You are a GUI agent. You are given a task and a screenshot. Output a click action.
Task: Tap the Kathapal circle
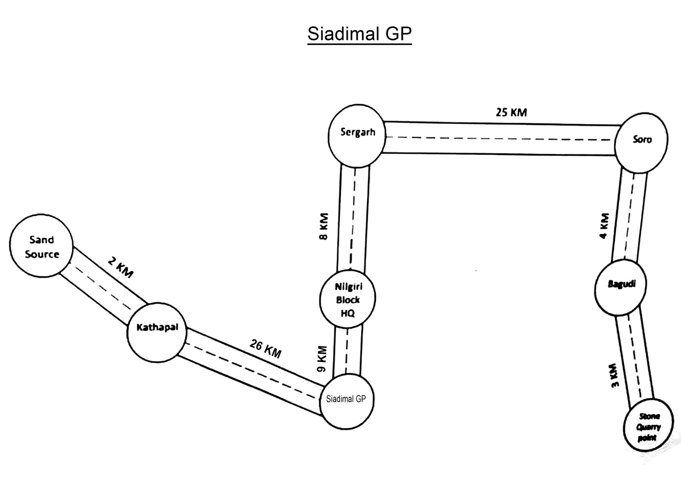pyautogui.click(x=157, y=332)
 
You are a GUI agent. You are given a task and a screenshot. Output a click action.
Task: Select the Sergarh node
pyautogui.click(x=357, y=134)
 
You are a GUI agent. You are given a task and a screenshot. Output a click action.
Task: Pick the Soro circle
pyautogui.click(x=641, y=140)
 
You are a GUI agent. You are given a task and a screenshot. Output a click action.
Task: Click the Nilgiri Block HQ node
pyautogui.click(x=347, y=300)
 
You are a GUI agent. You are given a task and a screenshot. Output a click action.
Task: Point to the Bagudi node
pyautogui.click(x=621, y=286)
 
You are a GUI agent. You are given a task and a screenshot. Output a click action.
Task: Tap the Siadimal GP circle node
pyautogui.click(x=346, y=400)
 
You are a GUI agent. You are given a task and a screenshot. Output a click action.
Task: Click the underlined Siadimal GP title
pyautogui.click(x=360, y=34)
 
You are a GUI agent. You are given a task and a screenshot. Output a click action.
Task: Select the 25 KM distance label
pyautogui.click(x=511, y=112)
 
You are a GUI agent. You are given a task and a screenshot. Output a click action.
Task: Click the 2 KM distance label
pyautogui.click(x=120, y=268)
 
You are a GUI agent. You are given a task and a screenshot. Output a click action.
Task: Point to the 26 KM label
pyautogui.click(x=266, y=349)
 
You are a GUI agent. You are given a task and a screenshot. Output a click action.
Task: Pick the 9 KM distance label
pyautogui.click(x=323, y=359)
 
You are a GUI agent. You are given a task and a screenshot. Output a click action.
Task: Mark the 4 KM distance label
pyautogui.click(x=604, y=226)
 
